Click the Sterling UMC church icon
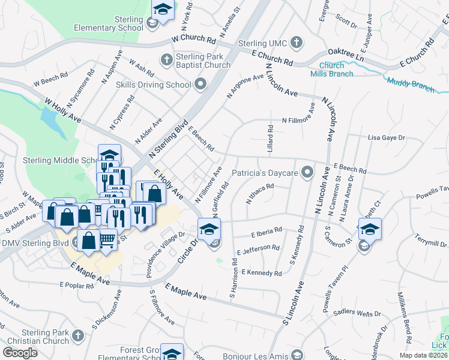(295, 43)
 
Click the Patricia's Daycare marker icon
(307, 173)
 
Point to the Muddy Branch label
(411, 85)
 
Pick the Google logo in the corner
(20, 352)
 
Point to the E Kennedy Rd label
(261, 273)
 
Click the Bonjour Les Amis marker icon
(294, 354)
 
